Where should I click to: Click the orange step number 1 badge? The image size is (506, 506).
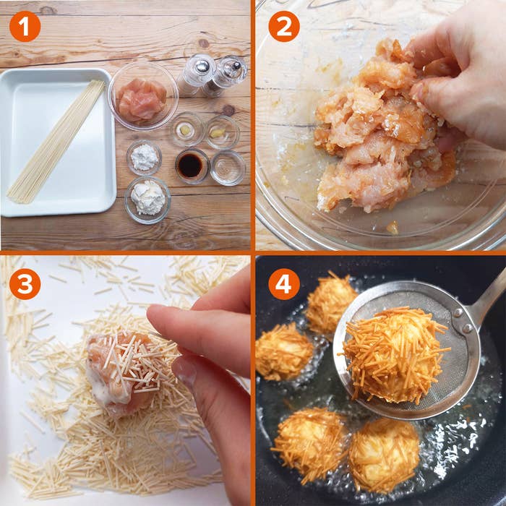[x=25, y=27]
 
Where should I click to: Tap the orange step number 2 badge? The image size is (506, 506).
[x=283, y=27]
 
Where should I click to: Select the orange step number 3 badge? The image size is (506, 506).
[x=25, y=283]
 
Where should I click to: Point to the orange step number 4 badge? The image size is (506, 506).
[x=283, y=283]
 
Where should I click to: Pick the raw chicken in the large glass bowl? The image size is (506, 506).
[x=142, y=98]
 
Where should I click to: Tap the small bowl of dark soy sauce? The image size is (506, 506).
[x=191, y=166]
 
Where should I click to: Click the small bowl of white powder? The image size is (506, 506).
[x=145, y=157]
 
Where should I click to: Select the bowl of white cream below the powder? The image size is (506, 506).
[x=147, y=198]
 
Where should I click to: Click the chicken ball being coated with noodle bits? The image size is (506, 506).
[x=123, y=369]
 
